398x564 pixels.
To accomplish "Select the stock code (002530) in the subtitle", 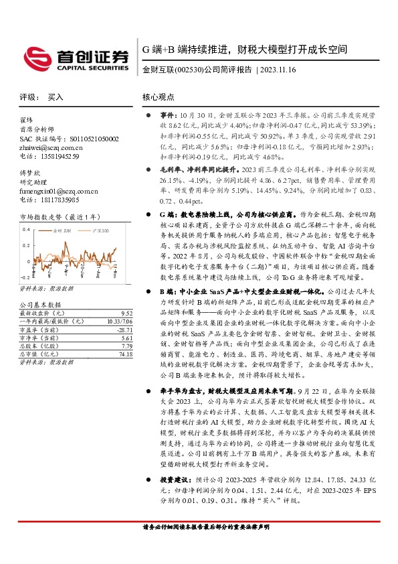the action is click(185, 70).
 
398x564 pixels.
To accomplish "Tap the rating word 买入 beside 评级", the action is click(56, 97).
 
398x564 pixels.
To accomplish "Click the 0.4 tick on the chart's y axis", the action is click(26, 229).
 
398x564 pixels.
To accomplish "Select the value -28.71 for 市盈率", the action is click(124, 330).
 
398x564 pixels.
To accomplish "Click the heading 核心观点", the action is click(159, 97).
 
